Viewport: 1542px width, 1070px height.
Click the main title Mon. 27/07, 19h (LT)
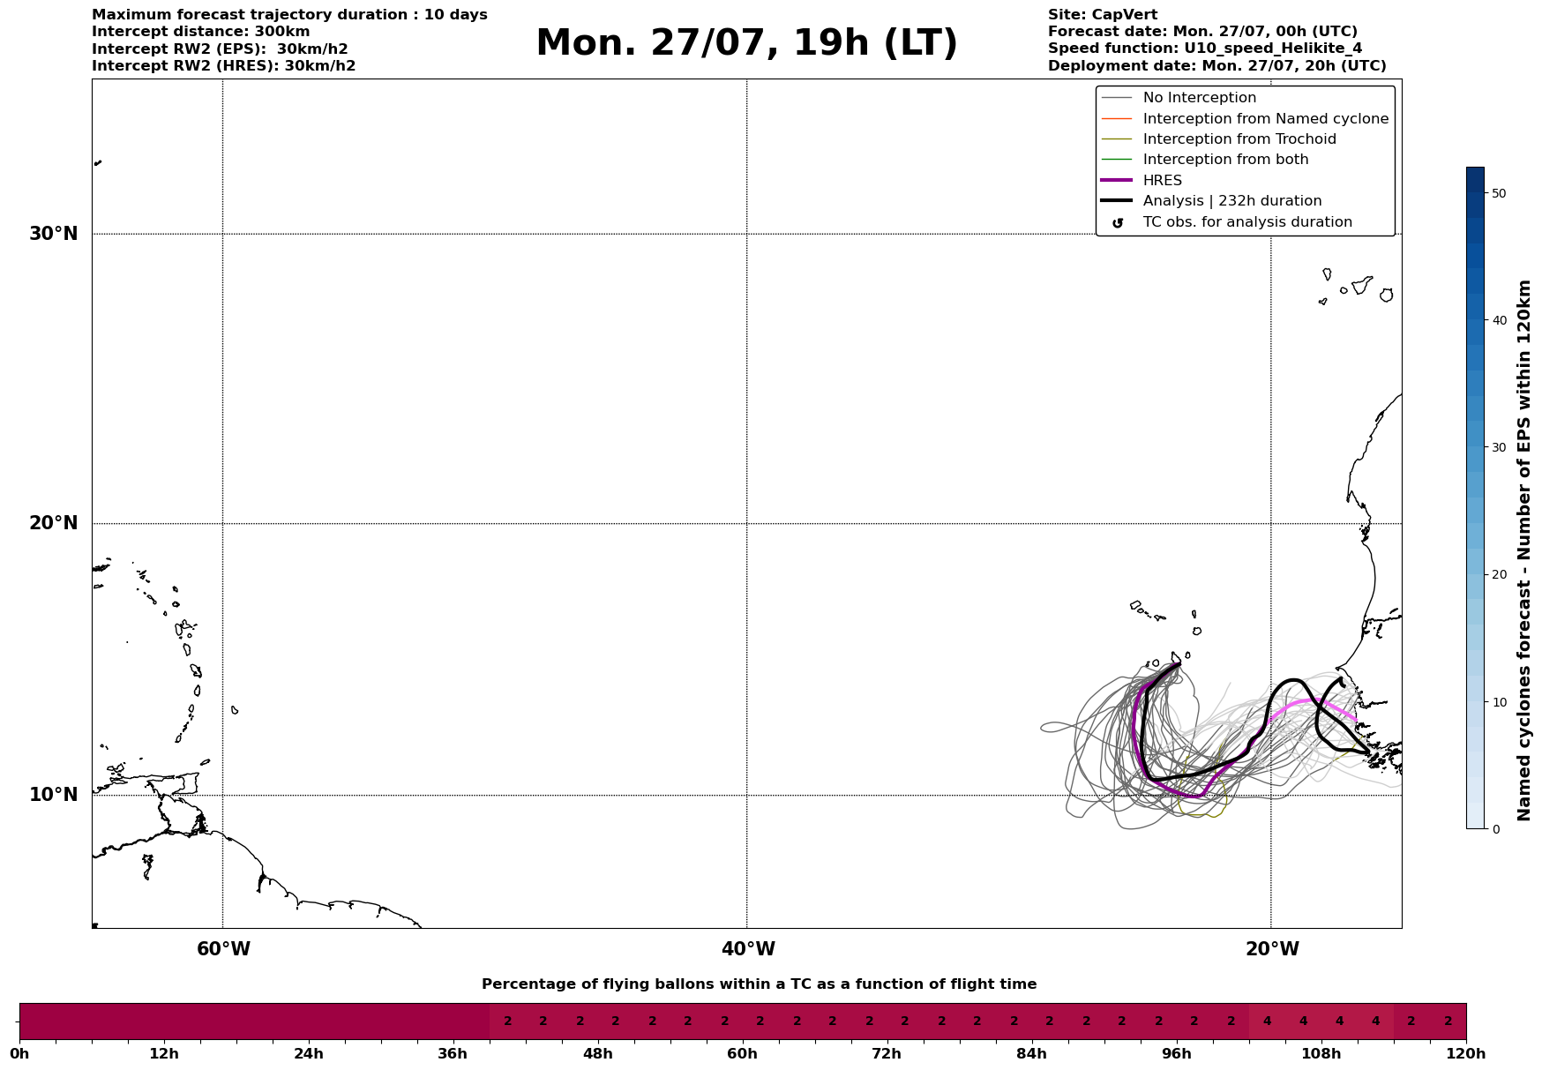tap(746, 43)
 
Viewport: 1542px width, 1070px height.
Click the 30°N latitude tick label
tap(54, 234)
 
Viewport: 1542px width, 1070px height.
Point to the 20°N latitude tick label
tap(54, 523)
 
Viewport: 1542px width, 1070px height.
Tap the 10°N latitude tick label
tap(54, 795)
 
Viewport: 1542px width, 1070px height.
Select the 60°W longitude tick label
tap(223, 949)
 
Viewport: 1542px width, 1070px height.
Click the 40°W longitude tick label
tap(748, 949)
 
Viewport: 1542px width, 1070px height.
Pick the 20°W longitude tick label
tap(1272, 949)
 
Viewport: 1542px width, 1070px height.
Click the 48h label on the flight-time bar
tap(598, 1053)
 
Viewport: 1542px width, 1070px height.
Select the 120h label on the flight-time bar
tap(1466, 1053)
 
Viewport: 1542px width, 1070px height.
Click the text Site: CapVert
tap(1103, 15)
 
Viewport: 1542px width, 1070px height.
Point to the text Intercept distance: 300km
tap(201, 32)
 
